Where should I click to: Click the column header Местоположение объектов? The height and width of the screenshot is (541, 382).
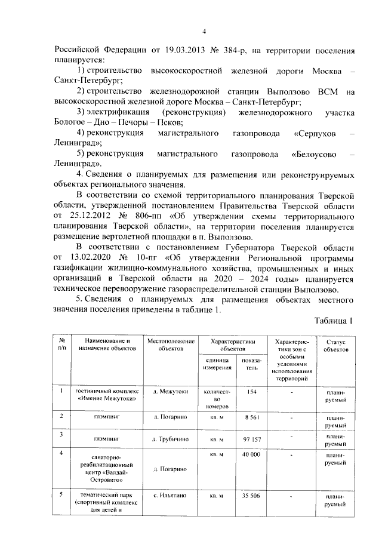[171, 345]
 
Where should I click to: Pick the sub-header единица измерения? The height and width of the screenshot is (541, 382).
[217, 364]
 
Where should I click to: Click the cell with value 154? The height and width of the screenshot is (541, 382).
[252, 392]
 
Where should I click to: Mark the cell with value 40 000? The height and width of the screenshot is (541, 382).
[252, 455]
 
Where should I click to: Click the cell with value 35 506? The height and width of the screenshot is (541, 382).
[252, 496]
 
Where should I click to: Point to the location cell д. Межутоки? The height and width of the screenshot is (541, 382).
[171, 392]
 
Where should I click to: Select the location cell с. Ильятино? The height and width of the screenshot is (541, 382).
[171, 496]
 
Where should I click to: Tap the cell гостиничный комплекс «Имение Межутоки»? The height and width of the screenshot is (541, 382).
[107, 395]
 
